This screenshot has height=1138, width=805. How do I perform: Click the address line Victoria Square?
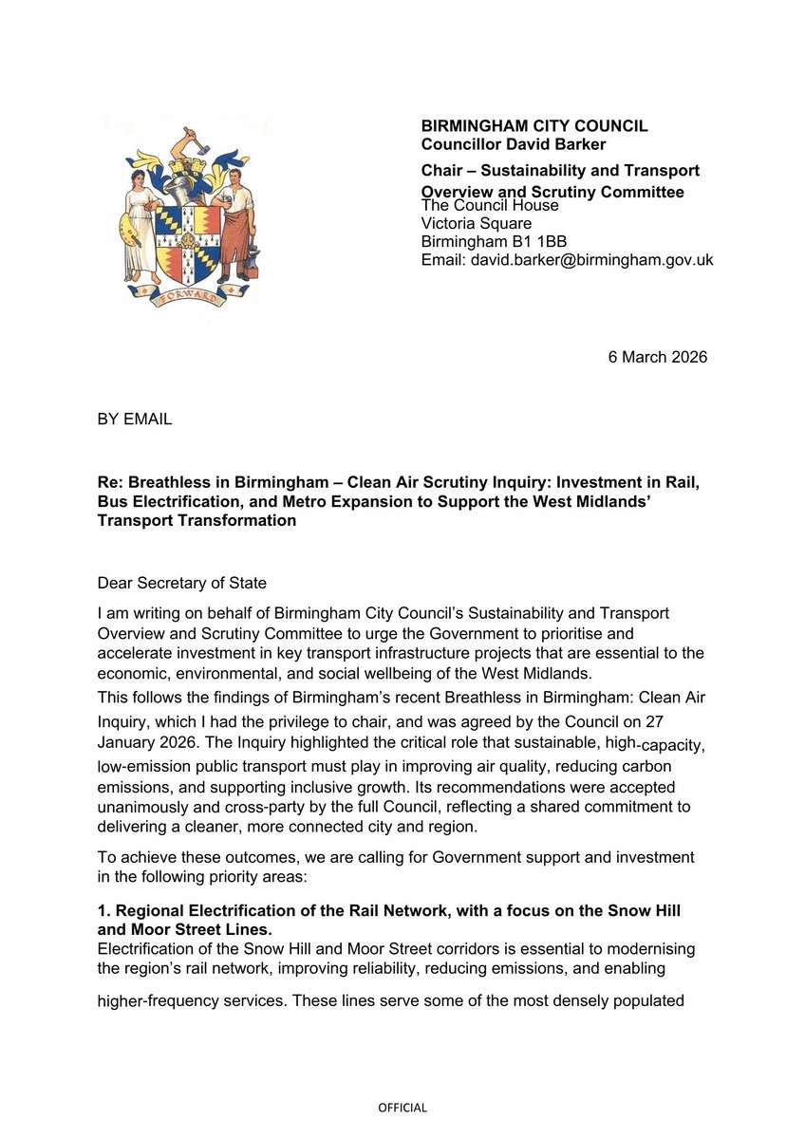[476, 223]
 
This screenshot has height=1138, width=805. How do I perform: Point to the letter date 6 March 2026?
[657, 357]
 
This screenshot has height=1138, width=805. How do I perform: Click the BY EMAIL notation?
[135, 419]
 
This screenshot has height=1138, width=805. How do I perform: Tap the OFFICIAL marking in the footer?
[402, 1108]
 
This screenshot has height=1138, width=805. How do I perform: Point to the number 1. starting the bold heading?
[103, 910]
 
